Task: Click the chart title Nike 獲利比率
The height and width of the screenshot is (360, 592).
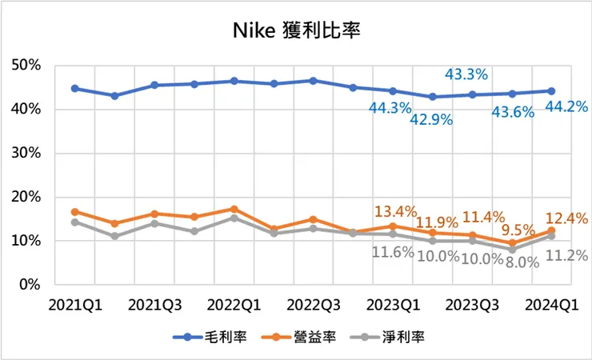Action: [x=297, y=31]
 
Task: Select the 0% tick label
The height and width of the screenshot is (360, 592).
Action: [x=33, y=284]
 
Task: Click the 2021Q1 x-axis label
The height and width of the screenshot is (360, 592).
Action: [x=74, y=305]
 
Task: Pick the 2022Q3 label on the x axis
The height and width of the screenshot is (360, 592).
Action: [x=313, y=305]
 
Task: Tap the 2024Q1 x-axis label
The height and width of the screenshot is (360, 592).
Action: [x=551, y=305]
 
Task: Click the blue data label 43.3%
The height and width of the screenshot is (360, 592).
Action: [x=466, y=74]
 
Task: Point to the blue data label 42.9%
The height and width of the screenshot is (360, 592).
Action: [x=432, y=120]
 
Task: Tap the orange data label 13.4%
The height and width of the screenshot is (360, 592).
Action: [x=395, y=212]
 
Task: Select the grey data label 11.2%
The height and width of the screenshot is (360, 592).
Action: [x=566, y=256]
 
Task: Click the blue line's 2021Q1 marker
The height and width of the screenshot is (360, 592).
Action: [x=74, y=88]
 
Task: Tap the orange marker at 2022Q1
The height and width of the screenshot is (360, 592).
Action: [x=234, y=209]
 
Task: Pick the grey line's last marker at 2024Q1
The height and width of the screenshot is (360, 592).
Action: [x=551, y=236]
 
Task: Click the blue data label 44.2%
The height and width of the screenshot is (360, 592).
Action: [x=566, y=106]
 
